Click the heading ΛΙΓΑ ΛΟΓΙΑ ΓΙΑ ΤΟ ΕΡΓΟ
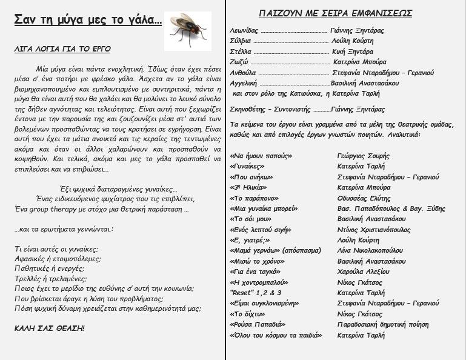[x=62, y=49]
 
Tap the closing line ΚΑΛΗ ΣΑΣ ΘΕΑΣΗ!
[x=50, y=328]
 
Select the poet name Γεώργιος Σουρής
[x=364, y=156]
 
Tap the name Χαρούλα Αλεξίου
[x=363, y=272]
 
